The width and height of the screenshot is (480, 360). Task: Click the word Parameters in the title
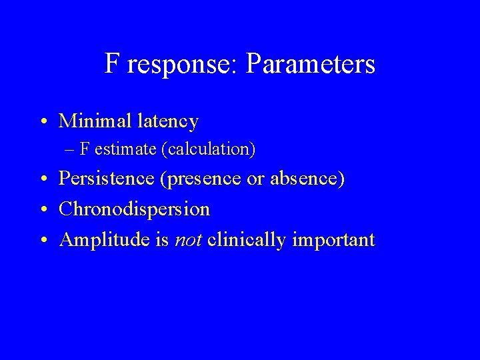310,65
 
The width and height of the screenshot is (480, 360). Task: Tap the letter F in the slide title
112,64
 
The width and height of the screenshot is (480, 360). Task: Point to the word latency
167,122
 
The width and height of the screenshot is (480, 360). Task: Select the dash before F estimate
70,149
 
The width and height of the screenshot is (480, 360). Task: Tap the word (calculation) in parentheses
208,149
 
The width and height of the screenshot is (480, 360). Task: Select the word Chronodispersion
134,210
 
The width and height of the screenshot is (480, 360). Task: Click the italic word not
188,240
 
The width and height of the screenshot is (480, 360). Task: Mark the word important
334,241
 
